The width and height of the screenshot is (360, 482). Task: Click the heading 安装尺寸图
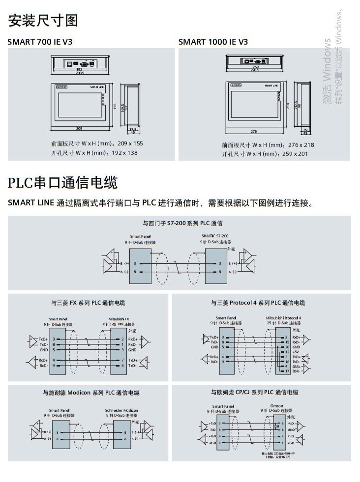click(x=43, y=21)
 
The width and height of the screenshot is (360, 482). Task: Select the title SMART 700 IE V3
click(x=40, y=42)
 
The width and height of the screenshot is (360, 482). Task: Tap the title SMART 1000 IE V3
click(x=213, y=42)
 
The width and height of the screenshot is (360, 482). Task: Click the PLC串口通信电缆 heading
click(x=62, y=183)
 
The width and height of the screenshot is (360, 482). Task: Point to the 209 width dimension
click(x=79, y=129)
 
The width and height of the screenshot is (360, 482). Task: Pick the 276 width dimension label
click(x=254, y=132)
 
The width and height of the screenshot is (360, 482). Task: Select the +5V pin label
click(x=296, y=352)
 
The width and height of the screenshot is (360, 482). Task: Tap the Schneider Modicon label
click(x=121, y=410)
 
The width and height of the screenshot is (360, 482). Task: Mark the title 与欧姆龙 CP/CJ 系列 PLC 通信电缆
click(x=254, y=392)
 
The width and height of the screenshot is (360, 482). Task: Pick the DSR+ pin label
click(x=296, y=366)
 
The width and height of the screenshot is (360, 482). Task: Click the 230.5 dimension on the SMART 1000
click(x=255, y=70)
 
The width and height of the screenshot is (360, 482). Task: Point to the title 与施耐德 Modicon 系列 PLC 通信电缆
click(x=90, y=393)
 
